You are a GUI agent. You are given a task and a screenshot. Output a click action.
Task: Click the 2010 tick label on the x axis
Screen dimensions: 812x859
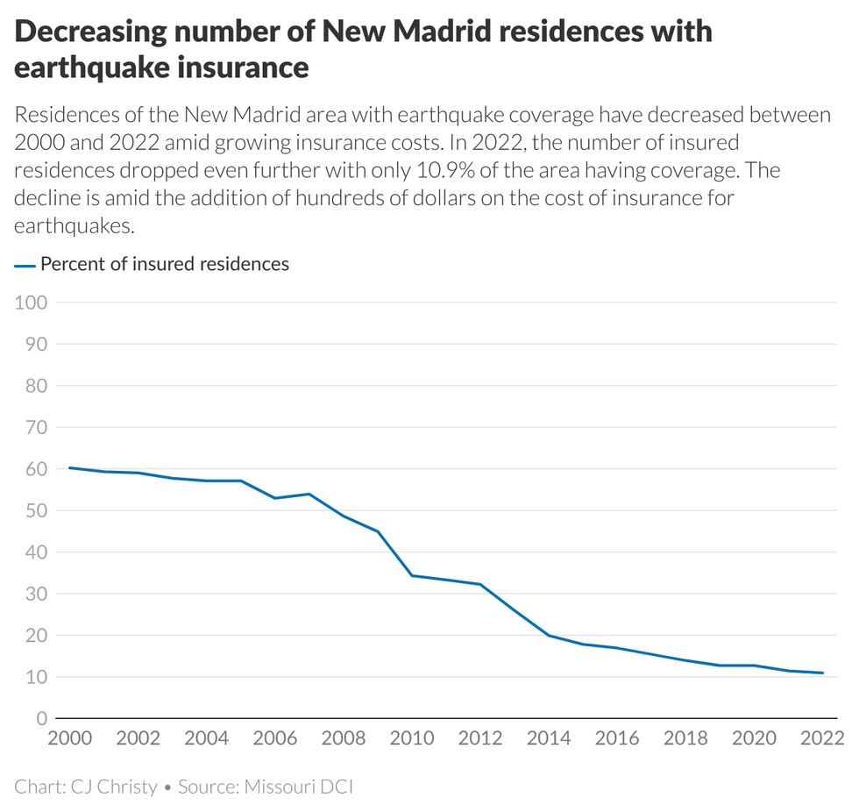pyautogui.click(x=412, y=738)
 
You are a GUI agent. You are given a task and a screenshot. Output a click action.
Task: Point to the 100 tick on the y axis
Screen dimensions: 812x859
pyautogui.click(x=32, y=303)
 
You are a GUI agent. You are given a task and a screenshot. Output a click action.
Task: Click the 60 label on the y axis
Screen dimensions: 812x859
pyautogui.click(x=36, y=469)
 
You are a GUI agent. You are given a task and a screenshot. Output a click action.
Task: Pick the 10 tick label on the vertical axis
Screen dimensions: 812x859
pyautogui.click(x=36, y=677)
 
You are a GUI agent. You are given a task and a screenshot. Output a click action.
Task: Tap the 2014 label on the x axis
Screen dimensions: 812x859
pyautogui.click(x=549, y=738)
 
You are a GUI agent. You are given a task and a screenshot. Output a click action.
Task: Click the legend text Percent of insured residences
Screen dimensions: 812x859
pyautogui.click(x=165, y=264)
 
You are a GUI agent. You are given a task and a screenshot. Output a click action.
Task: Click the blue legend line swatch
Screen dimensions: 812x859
pyautogui.click(x=25, y=265)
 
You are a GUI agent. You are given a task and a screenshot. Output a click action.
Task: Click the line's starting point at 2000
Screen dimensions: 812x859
pyautogui.click(x=69, y=467)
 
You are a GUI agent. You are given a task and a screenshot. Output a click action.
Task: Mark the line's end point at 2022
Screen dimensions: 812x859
pyautogui.click(x=822, y=673)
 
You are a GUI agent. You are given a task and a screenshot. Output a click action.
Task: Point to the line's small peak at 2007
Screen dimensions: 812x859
pyautogui.click(x=309, y=494)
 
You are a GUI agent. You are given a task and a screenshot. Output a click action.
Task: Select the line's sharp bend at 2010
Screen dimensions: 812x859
pyautogui.click(x=412, y=575)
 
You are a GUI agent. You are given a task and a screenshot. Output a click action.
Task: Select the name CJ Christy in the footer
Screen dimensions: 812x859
pyautogui.click(x=113, y=787)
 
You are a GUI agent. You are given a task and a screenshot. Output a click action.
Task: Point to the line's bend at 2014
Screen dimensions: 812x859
pyautogui.click(x=549, y=635)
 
